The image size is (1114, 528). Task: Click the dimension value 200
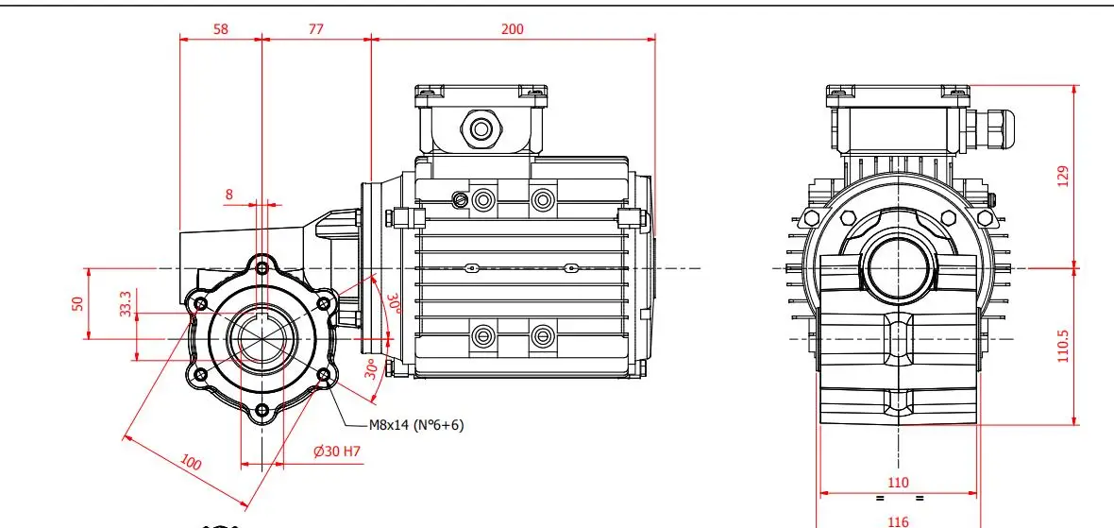click(512, 29)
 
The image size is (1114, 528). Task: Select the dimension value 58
click(220, 29)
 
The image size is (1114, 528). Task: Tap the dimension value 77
click(315, 29)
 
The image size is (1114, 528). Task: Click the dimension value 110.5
click(1063, 346)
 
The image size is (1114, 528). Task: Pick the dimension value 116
click(898, 519)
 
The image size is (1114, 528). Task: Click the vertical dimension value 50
click(78, 303)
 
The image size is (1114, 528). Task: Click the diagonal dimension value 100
click(192, 463)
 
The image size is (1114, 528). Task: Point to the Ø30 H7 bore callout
click(337, 451)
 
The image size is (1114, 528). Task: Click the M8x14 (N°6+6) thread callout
click(416, 425)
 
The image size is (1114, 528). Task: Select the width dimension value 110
click(898, 483)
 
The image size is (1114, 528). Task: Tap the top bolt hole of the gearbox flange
click(262, 260)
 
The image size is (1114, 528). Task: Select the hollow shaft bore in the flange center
click(262, 336)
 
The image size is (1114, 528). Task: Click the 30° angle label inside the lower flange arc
click(372, 367)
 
